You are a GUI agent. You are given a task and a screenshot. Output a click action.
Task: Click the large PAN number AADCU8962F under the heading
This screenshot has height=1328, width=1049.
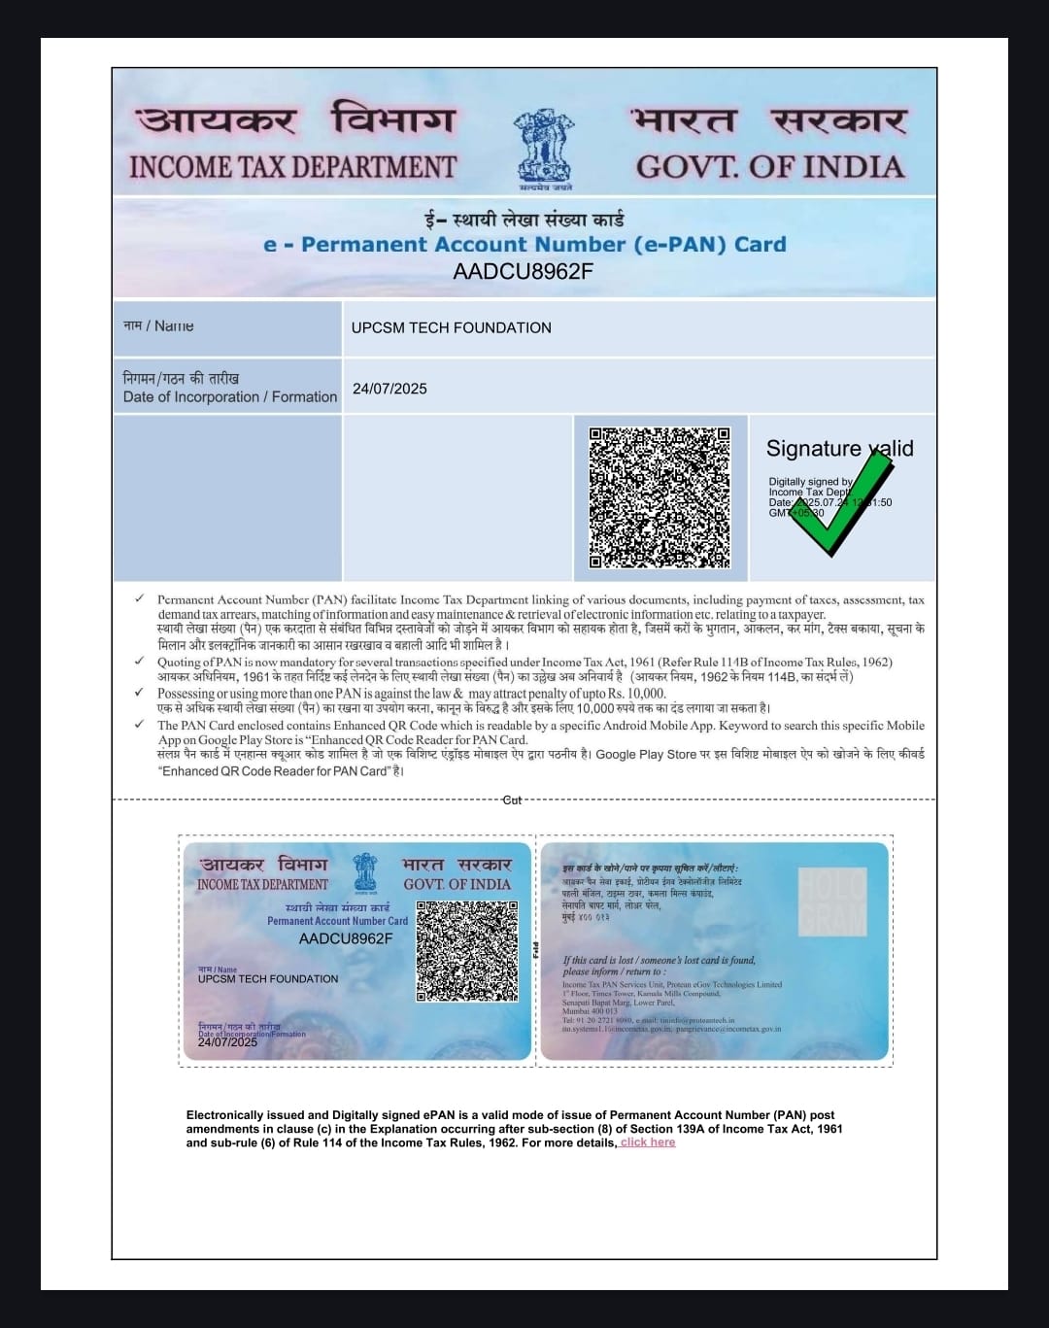523,271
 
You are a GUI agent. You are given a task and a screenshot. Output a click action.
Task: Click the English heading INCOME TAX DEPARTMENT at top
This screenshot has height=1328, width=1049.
292,167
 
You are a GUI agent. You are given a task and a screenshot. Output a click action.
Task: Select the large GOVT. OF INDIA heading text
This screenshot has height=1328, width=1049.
770,166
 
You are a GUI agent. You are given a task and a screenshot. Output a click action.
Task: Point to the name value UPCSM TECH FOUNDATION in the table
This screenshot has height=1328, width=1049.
451,328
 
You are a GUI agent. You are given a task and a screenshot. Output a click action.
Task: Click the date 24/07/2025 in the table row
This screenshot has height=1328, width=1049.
389,389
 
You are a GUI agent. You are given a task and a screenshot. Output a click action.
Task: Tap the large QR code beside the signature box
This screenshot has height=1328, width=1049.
660,497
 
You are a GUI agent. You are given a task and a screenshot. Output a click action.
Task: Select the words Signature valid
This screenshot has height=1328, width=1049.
839,449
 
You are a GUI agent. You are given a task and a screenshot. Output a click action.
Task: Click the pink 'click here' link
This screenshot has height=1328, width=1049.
648,1142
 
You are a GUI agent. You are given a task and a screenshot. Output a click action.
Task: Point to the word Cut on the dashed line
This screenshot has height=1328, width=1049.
512,800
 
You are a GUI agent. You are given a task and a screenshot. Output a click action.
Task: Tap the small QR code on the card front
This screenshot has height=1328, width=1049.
466,951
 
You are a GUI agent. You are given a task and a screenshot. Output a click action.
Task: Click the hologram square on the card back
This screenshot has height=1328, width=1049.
831,902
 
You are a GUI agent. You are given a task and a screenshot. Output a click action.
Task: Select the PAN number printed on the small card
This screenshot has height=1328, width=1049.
346,938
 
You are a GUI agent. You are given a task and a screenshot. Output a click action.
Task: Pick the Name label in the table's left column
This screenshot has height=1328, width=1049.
158,326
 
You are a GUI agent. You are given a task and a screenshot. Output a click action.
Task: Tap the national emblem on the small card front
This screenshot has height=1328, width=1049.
365,871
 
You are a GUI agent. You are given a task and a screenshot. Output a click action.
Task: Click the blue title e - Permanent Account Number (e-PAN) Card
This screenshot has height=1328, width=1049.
524,245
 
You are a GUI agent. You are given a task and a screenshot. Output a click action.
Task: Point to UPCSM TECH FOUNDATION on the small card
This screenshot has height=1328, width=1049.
268,979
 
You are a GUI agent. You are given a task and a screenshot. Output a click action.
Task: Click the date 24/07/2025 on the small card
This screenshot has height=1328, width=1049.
227,1041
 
